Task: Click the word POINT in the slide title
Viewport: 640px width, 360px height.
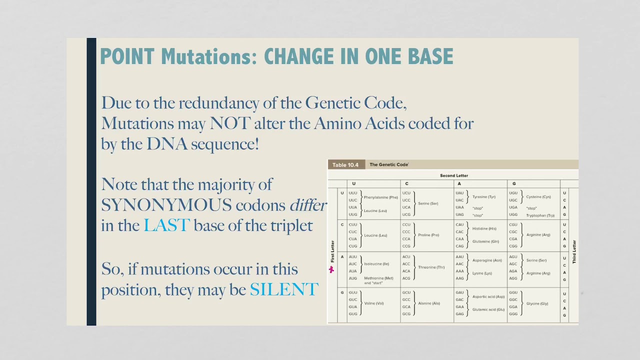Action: click(127, 57)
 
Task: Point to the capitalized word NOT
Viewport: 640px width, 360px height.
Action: click(230, 123)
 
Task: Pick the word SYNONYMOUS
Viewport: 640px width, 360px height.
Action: click(166, 205)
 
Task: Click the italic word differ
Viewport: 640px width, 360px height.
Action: click(308, 205)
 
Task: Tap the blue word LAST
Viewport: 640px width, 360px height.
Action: click(166, 225)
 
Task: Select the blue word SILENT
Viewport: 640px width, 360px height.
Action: click(284, 289)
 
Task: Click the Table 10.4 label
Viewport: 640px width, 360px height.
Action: click(345, 165)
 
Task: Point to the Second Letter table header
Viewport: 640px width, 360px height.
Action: click(454, 175)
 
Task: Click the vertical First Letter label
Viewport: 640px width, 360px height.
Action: click(332, 251)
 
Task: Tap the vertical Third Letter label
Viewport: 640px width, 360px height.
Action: click(574, 251)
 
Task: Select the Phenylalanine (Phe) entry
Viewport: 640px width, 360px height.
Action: click(380, 197)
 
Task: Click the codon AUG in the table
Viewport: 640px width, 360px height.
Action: click(353, 278)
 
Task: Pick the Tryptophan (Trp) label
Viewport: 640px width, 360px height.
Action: click(540, 215)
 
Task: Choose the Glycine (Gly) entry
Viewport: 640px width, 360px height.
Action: click(537, 303)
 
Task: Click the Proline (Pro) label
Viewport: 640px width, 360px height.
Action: click(428, 235)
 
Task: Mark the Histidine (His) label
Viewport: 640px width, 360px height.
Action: click(484, 228)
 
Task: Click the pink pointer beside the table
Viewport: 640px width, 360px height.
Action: click(331, 269)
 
